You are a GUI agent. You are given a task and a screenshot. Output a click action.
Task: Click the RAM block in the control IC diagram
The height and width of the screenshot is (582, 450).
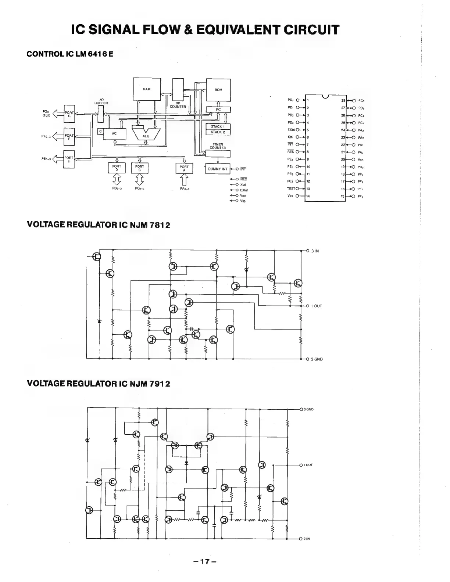click(146, 89)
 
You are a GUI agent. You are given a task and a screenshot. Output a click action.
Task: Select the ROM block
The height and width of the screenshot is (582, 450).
click(218, 90)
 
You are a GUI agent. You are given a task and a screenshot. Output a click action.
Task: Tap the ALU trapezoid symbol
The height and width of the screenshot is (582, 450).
click(146, 136)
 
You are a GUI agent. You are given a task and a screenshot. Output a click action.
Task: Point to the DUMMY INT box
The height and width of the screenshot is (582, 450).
click(218, 169)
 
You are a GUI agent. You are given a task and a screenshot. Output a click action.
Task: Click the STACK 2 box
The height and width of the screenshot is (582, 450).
click(218, 132)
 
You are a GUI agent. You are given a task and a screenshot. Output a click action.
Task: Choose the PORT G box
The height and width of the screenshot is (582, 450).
click(69, 114)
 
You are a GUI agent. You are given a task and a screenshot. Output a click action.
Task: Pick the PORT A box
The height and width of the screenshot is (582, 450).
click(184, 168)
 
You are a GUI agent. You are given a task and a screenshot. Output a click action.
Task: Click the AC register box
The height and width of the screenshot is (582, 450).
click(114, 133)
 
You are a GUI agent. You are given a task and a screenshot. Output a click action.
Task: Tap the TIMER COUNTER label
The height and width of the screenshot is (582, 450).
click(218, 146)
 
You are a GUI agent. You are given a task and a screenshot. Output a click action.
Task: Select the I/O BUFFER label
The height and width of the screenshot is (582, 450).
click(102, 102)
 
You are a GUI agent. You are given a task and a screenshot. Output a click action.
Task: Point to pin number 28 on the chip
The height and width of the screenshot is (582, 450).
click(343, 100)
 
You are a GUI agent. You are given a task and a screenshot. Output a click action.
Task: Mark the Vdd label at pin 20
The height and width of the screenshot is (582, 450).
click(361, 160)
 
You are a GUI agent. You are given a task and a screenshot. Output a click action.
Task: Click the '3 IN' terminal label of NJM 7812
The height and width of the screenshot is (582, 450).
click(315, 251)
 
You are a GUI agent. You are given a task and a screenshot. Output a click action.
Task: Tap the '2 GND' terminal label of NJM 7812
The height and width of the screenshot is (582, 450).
click(317, 359)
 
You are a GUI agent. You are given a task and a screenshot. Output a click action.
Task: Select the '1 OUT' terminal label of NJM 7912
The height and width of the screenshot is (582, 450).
click(308, 465)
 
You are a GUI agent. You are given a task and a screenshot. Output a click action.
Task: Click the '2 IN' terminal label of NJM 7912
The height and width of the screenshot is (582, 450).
click(307, 539)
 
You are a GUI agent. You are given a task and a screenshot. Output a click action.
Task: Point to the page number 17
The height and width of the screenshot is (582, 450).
click(206, 561)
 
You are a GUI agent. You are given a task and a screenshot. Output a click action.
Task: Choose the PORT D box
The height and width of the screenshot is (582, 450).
click(117, 168)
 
